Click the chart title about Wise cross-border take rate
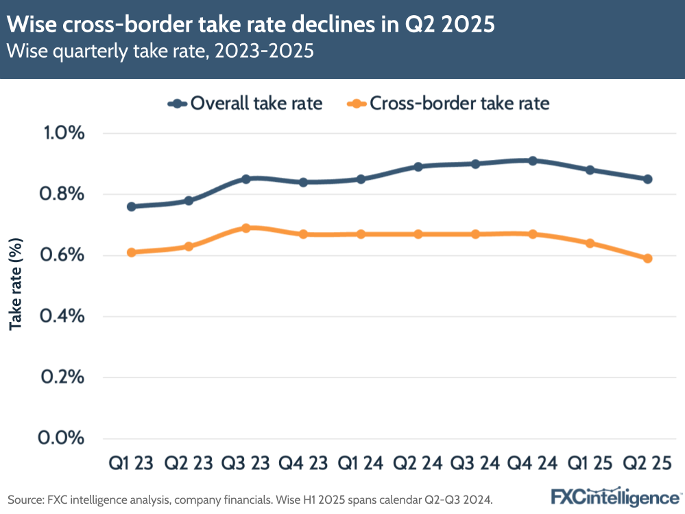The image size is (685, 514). pyautogui.click(x=250, y=25)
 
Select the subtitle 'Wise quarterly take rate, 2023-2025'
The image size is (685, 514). pyautogui.click(x=160, y=52)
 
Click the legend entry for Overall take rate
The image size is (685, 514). pyautogui.click(x=245, y=104)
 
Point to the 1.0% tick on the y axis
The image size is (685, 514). pyautogui.click(x=62, y=133)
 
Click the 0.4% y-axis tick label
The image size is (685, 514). pyautogui.click(x=62, y=316)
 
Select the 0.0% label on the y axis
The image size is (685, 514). pyautogui.click(x=62, y=438)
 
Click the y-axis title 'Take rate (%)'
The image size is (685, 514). pyautogui.click(x=16, y=284)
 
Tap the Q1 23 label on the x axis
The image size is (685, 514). pyautogui.click(x=132, y=464)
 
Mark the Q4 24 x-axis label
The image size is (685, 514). pyautogui.click(x=533, y=464)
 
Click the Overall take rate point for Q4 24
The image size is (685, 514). pyautogui.click(x=533, y=161)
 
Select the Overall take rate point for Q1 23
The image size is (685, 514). pyautogui.click(x=132, y=207)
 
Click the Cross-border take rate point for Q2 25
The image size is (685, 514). pyautogui.click(x=647, y=259)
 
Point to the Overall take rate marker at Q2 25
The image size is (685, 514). pyautogui.click(x=647, y=179)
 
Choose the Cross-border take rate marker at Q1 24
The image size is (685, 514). pyautogui.click(x=361, y=234)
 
